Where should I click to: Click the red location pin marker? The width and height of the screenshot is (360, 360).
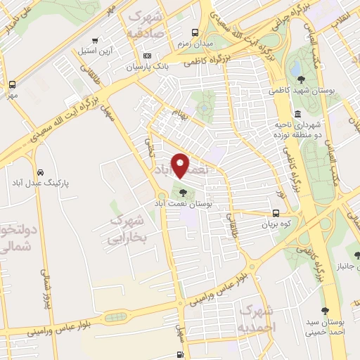click(181, 165)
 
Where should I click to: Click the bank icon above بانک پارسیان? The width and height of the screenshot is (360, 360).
click(146, 56)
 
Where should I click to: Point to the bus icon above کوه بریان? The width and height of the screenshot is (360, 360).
click(275, 213)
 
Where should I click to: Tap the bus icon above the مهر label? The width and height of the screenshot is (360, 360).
click(12, 84)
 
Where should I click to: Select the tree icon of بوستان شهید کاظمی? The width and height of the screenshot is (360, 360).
click(302, 79)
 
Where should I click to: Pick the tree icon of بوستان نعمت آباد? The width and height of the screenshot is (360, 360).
click(183, 191)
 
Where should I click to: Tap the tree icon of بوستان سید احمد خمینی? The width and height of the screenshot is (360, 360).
click(324, 310)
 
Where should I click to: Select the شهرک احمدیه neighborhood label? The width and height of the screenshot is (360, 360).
click(257, 319)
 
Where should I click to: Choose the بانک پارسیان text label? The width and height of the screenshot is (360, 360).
click(143, 67)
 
